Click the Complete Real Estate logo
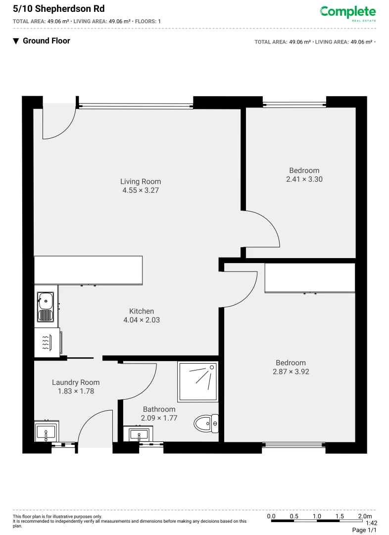pyautogui.click(x=347, y=13)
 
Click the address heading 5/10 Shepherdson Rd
pyautogui.click(x=58, y=9)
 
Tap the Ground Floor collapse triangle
pyautogui.click(x=16, y=41)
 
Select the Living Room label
pyautogui.click(x=141, y=181)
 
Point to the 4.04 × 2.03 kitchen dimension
pyautogui.click(x=142, y=320)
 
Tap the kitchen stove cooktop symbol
pyautogui.click(x=47, y=342)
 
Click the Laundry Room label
pyautogui.click(x=76, y=382)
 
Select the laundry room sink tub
pyautogui.click(x=47, y=431)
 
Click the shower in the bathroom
pyautogui.click(x=198, y=382)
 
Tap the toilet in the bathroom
pyautogui.click(x=206, y=424)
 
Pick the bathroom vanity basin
pyautogui.click(x=139, y=435)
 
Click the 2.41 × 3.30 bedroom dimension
pyautogui.click(x=304, y=179)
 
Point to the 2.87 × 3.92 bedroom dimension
pyautogui.click(x=291, y=372)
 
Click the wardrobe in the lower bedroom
pyautogui.click(x=310, y=278)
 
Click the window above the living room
pyautogui.click(x=136, y=105)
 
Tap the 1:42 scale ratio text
pyautogui.click(x=371, y=523)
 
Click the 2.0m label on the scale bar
pyautogui.click(x=365, y=516)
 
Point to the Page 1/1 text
pyautogui.click(x=364, y=530)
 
